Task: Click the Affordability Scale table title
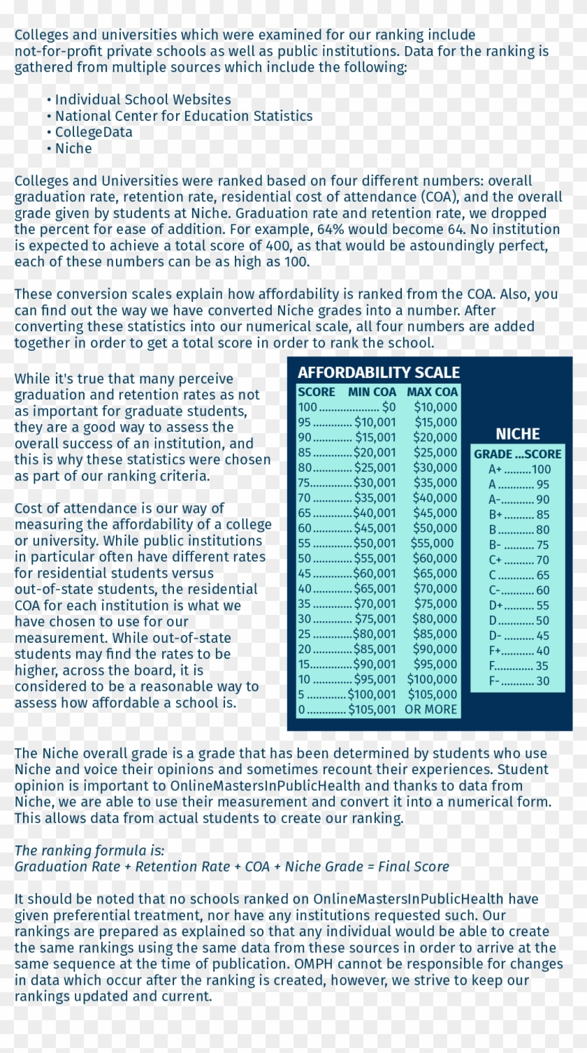tap(379, 372)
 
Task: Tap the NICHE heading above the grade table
tap(517, 434)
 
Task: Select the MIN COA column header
tap(372, 392)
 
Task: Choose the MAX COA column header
tap(432, 392)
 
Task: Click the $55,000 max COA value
tap(432, 543)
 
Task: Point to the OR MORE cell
tap(430, 709)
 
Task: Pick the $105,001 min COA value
tap(372, 709)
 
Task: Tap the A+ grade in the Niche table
tap(495, 470)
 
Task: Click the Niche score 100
tap(541, 470)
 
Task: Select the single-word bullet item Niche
tap(73, 148)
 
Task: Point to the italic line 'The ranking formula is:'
tap(89, 850)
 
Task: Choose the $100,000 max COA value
tap(432, 679)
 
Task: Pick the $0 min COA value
tap(389, 407)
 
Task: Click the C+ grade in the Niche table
tap(495, 560)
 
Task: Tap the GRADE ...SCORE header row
tap(517, 454)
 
